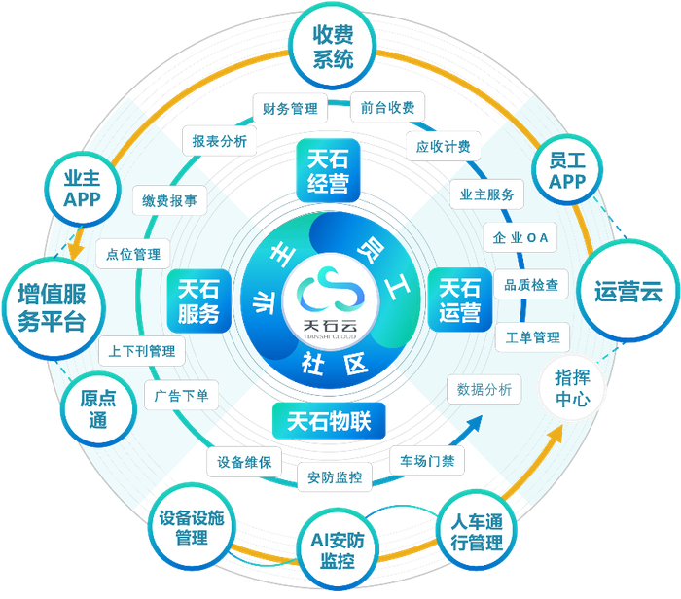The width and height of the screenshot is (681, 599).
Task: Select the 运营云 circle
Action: click(x=627, y=291)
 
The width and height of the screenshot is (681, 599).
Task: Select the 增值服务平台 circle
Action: click(x=51, y=307)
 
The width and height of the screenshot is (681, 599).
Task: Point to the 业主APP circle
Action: click(x=83, y=185)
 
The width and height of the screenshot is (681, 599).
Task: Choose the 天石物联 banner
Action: click(x=329, y=420)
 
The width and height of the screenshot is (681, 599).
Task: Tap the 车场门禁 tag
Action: click(x=427, y=459)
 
